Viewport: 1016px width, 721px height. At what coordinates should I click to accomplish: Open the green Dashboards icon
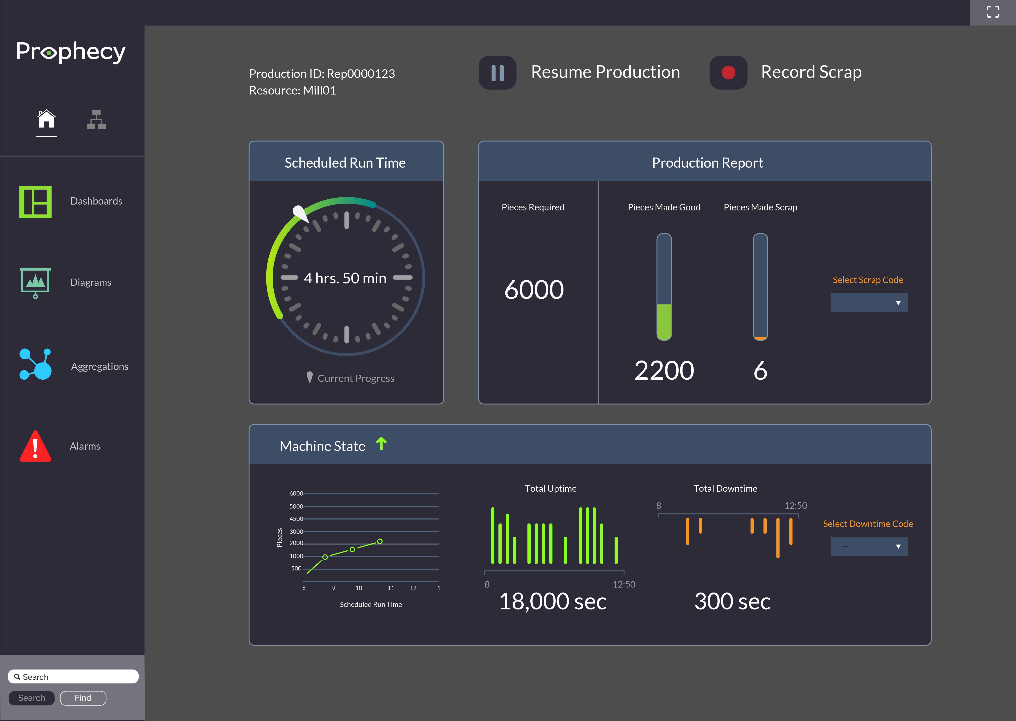pyautogui.click(x=36, y=202)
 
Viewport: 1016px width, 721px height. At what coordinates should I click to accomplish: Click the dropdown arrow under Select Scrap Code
pyautogui.click(x=898, y=303)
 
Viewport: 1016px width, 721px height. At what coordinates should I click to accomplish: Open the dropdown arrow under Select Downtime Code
pyautogui.click(x=898, y=547)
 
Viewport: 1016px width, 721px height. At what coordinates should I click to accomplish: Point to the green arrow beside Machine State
pyautogui.click(x=381, y=444)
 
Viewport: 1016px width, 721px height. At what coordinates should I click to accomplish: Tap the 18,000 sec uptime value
pyautogui.click(x=553, y=602)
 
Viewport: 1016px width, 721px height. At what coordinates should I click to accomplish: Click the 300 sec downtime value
pyautogui.click(x=732, y=602)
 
